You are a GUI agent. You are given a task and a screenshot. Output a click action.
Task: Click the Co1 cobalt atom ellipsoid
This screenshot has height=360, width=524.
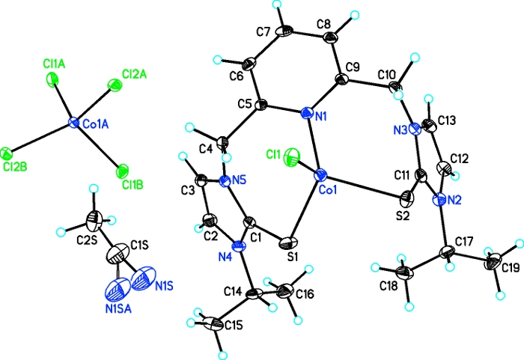(x=321, y=177)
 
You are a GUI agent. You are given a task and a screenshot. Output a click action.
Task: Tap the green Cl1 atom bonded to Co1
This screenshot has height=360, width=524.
(x=289, y=158)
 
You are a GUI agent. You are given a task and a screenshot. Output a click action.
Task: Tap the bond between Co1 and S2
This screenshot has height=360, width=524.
(x=365, y=189)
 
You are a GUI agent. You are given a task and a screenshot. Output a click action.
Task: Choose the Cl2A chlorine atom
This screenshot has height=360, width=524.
(x=115, y=87)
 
